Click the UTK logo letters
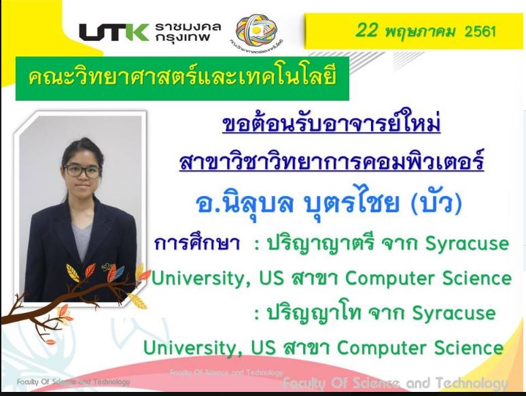tap(114, 32)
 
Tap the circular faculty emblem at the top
tap(257, 30)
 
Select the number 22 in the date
tap(366, 30)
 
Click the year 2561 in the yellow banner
tap(480, 31)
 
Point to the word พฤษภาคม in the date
tap(421, 31)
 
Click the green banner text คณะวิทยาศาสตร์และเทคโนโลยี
tap(182, 78)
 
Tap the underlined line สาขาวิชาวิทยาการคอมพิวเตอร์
tap(332, 160)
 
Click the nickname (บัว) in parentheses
tap(436, 203)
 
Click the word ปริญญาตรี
tap(320, 244)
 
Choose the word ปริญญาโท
tap(314, 313)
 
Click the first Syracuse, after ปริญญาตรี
tap(468, 244)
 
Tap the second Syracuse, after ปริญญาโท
tap(454, 314)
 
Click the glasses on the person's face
tap(82, 171)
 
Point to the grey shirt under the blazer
tap(82, 241)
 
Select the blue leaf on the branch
tap(119, 273)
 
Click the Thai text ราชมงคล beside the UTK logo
tap(188, 27)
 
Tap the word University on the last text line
tap(190, 348)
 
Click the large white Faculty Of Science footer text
tap(396, 383)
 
